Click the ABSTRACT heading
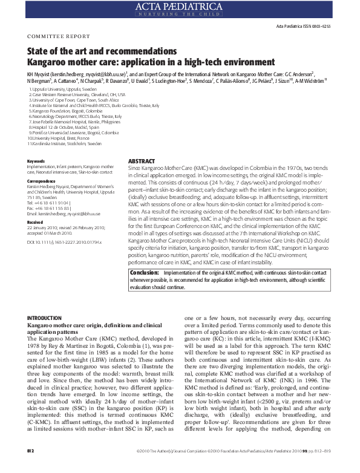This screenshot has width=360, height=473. (142, 161)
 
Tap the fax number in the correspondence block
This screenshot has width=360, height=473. (53, 209)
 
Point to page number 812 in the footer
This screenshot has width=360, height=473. (31, 468)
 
